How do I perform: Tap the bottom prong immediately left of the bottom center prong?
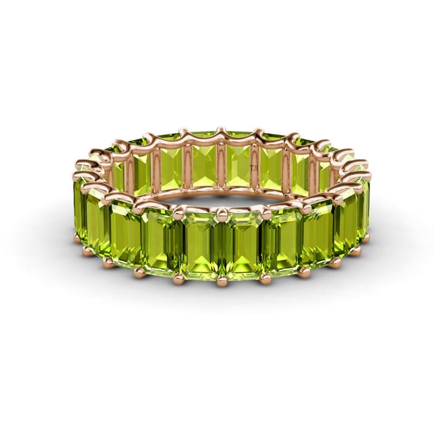pos(178,278)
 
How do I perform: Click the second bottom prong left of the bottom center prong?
pos(137,270)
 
